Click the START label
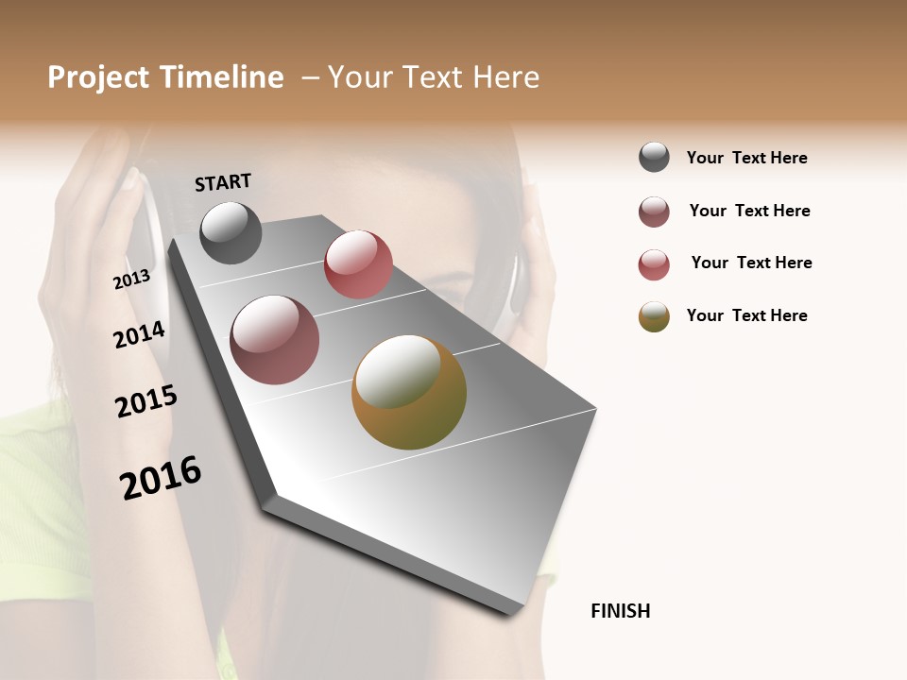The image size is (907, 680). (223, 182)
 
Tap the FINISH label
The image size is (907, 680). (621, 611)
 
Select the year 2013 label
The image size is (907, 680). (131, 280)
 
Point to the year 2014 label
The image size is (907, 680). (139, 335)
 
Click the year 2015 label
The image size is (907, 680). (146, 401)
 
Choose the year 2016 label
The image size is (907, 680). (161, 478)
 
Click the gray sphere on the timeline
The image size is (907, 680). (231, 232)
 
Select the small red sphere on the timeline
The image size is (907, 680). (358, 264)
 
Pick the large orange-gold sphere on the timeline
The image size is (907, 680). (409, 392)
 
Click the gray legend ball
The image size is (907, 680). (654, 157)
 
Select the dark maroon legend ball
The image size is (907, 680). (654, 212)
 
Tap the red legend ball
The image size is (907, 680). (654, 264)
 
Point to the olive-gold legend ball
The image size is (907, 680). (654, 316)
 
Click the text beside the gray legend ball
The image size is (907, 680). (746, 158)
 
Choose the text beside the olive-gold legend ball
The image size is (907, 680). (746, 315)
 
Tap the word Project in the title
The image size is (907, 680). (97, 77)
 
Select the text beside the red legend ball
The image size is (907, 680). (751, 263)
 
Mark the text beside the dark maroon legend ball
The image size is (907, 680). (749, 211)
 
